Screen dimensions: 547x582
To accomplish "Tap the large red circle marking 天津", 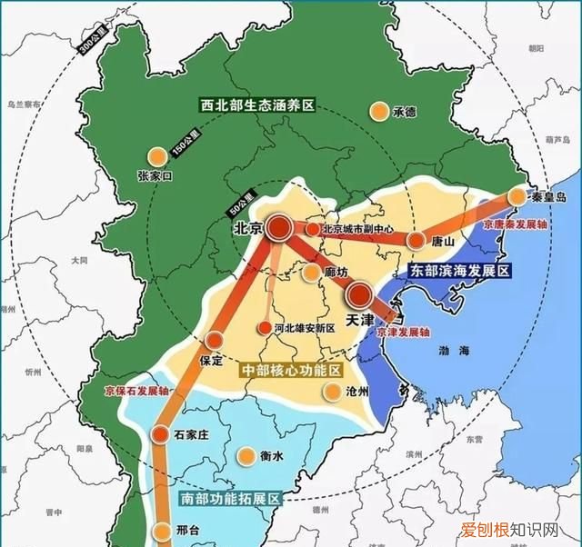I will tap(360, 293).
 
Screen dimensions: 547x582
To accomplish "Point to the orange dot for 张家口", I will tap(157, 155).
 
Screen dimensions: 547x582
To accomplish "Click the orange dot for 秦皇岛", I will tap(517, 196).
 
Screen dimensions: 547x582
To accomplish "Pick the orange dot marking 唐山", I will tap(416, 241).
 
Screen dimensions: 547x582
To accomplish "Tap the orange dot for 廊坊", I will tap(312, 272).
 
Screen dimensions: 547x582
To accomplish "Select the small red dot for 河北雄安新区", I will tap(265, 328).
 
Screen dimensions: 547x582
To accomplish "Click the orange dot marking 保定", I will tap(215, 340).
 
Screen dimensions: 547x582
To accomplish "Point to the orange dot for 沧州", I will tap(332, 392).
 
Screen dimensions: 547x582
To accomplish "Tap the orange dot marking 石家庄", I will tap(162, 433).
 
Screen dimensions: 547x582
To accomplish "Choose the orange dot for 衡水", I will tap(246, 456).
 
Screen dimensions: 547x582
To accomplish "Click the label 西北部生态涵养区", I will tap(257, 105).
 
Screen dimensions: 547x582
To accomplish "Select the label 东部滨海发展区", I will tap(460, 271).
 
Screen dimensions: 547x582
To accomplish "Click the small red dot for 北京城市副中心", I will tap(312, 229).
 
